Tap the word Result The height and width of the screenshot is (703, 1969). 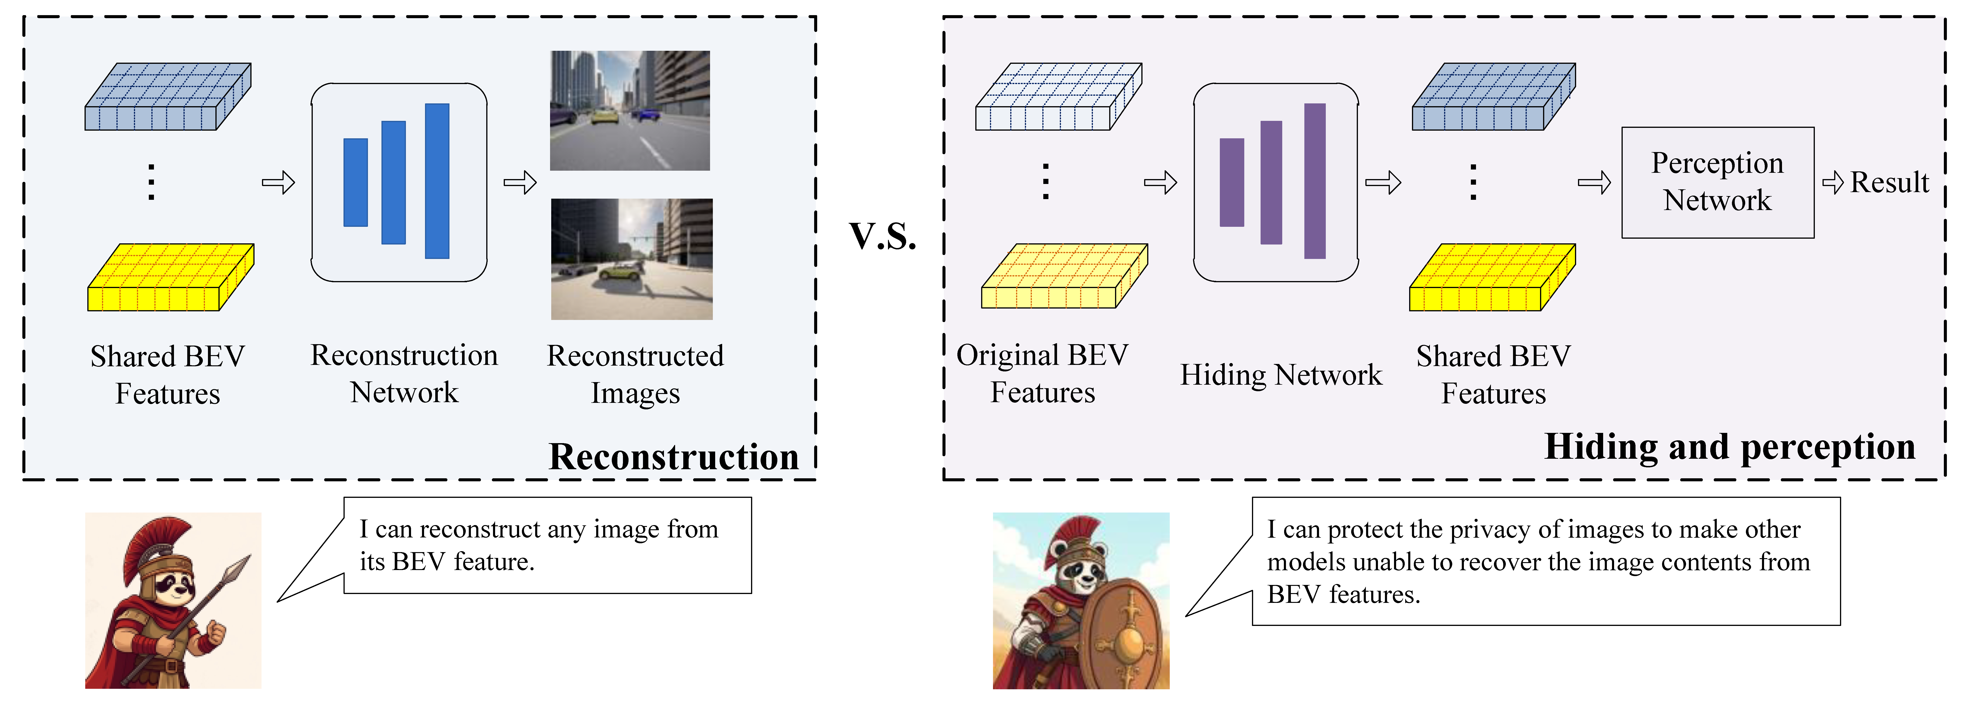point(1890,183)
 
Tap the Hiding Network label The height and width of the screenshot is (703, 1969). point(1281,374)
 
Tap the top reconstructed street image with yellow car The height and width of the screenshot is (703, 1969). point(630,111)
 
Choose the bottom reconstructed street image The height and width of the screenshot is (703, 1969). point(631,259)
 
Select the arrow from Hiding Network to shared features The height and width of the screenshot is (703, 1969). point(1383,183)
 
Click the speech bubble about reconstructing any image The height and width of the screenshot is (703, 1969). point(547,546)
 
